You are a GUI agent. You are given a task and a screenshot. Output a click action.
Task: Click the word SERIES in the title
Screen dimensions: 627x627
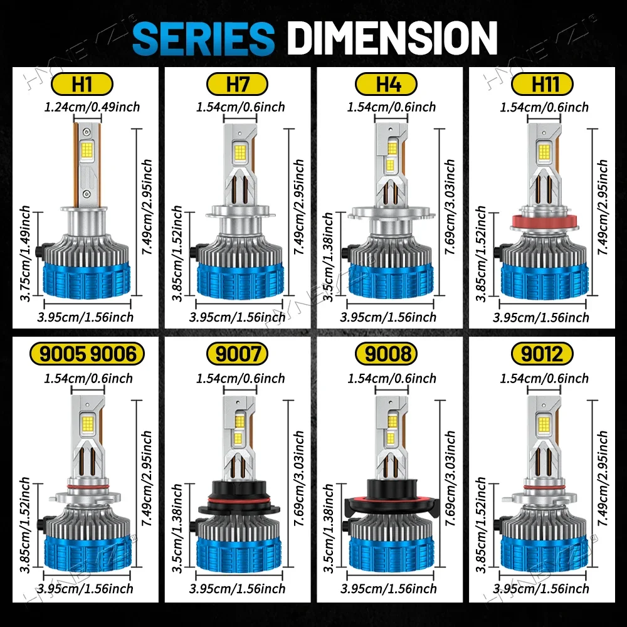(204, 38)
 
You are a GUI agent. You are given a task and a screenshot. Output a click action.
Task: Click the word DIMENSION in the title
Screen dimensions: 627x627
(393, 38)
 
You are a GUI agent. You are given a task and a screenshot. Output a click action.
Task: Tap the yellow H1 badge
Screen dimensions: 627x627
(82, 85)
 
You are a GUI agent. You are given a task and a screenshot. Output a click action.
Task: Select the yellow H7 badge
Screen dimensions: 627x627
(237, 85)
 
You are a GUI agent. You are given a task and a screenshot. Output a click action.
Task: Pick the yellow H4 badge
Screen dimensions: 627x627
(386, 85)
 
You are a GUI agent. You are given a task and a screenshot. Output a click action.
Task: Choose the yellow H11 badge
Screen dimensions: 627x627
(542, 85)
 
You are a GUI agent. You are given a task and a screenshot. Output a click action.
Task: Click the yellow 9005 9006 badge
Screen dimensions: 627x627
(87, 354)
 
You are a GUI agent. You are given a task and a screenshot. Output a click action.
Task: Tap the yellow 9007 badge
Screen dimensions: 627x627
(237, 354)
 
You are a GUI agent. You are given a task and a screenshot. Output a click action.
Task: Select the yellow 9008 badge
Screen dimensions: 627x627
(386, 354)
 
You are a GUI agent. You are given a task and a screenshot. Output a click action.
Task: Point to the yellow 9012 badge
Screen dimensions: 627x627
(542, 354)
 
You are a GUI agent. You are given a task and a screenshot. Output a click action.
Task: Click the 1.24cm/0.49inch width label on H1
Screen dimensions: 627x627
(92, 107)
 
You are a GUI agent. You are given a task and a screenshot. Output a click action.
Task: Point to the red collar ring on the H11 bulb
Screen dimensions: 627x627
(544, 222)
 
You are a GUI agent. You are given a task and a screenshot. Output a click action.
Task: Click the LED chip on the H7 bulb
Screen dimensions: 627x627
(240, 152)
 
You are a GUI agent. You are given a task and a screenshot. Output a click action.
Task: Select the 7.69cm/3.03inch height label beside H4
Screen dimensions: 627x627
(450, 207)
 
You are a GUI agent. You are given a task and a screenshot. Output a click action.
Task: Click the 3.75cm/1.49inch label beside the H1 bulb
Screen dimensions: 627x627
(25, 253)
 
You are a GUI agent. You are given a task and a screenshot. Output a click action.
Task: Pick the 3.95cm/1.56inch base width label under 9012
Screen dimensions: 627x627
(541, 589)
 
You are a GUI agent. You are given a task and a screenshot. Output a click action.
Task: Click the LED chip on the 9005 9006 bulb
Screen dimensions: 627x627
(88, 422)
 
